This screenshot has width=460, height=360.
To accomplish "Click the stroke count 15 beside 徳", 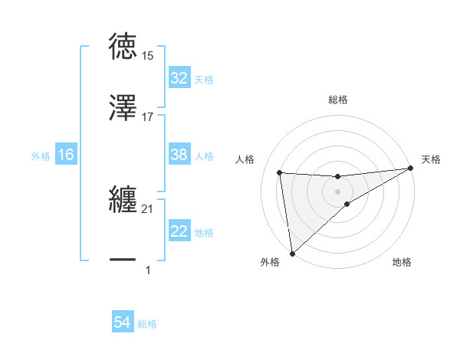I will (148, 56).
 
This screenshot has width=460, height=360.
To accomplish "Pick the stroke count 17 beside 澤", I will (148, 117).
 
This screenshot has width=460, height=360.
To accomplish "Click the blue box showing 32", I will (179, 78).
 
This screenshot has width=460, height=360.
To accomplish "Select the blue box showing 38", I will (179, 155).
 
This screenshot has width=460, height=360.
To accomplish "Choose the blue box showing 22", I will (179, 231).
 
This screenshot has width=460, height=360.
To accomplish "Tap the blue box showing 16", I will (66, 155).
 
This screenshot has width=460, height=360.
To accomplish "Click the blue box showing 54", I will (123, 323).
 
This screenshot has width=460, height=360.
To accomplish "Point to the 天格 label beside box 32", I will (204, 79).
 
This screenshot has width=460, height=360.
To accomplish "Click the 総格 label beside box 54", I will (147, 324).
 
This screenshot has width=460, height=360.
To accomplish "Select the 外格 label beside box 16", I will (41, 155).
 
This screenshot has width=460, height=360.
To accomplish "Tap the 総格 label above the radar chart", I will (338, 100).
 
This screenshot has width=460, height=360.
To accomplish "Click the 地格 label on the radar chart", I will (402, 263).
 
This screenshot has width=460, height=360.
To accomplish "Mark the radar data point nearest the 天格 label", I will (410, 169).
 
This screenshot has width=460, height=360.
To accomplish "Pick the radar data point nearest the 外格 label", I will (291, 254).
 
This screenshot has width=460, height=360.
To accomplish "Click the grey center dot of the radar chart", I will (338, 191).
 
